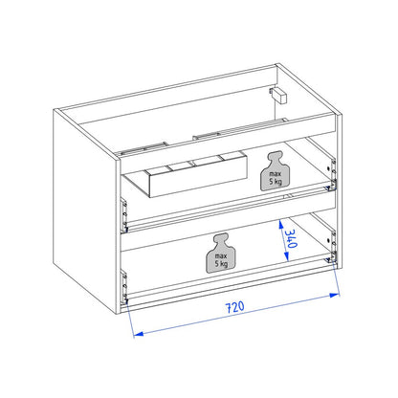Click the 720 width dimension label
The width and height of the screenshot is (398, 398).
235,307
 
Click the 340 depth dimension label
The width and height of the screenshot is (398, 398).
291,239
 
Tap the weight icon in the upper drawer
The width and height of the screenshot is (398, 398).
276,171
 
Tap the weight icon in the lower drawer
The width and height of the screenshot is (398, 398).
222,253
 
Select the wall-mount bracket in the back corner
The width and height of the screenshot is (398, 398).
278,95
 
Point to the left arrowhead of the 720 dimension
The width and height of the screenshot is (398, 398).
138,334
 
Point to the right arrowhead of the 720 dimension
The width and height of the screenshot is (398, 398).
334,295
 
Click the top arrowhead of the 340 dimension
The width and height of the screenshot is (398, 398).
281,225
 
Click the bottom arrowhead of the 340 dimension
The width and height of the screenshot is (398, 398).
286,256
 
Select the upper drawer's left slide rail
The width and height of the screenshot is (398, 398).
123,214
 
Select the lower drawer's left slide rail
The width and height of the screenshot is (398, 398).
123,286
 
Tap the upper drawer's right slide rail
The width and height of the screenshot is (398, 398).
332,175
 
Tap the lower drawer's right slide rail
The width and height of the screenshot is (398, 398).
332,246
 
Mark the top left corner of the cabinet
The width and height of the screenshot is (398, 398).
54,109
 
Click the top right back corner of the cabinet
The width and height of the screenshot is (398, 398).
276,64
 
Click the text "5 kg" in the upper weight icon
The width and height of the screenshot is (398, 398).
276,182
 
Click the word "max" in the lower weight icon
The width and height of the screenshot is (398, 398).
221,256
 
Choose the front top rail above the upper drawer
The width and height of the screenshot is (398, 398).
228,137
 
